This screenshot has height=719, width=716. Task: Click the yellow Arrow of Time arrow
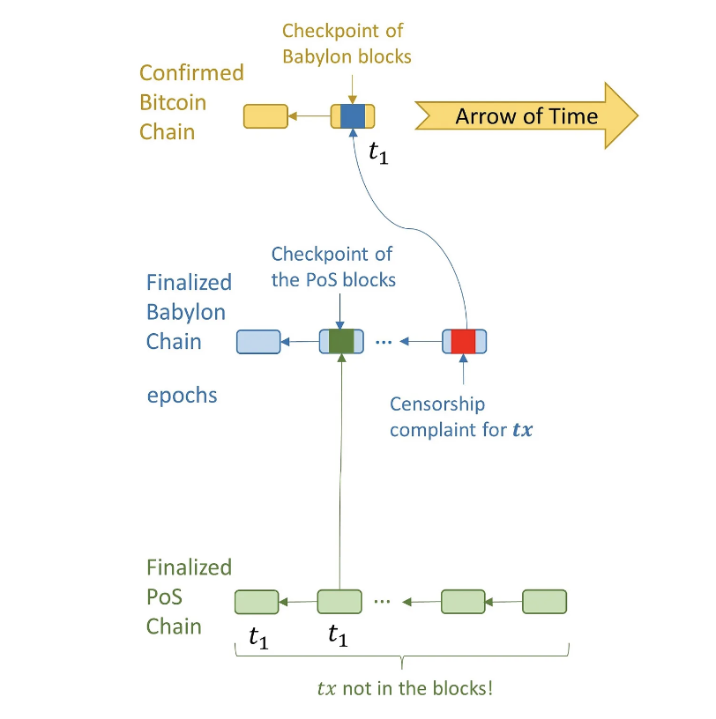pyautogui.click(x=526, y=116)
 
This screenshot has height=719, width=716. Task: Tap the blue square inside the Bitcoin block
pyautogui.click(x=353, y=116)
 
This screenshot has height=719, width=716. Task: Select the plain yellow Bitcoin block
pyautogui.click(x=265, y=116)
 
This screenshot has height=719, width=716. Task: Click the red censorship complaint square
pyautogui.click(x=463, y=342)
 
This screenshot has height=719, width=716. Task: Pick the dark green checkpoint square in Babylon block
pyautogui.click(x=341, y=342)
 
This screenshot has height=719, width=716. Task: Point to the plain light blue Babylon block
pyautogui.click(x=258, y=342)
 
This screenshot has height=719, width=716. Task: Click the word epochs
pyautogui.click(x=182, y=396)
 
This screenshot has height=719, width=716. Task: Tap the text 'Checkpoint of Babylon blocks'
pyautogui.click(x=347, y=44)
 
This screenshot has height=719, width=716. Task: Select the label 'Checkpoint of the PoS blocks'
pyautogui.click(x=333, y=267)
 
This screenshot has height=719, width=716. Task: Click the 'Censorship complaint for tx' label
pyautogui.click(x=461, y=417)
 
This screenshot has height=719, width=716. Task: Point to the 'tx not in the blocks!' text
pyautogui.click(x=405, y=688)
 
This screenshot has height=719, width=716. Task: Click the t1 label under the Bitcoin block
pyautogui.click(x=378, y=152)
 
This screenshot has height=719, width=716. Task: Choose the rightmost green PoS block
pyautogui.click(x=544, y=602)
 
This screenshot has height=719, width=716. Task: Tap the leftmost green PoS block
pyautogui.click(x=257, y=602)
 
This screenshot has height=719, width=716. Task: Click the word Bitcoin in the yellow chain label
pyautogui.click(x=173, y=102)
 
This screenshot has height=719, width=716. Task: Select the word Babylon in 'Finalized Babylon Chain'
pyautogui.click(x=186, y=312)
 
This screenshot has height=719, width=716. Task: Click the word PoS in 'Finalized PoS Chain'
pyautogui.click(x=164, y=597)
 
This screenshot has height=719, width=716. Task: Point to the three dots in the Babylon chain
pyautogui.click(x=384, y=342)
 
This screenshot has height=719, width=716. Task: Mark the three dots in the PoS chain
pyautogui.click(x=382, y=601)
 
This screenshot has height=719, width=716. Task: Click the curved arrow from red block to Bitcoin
pyautogui.click(x=408, y=228)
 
